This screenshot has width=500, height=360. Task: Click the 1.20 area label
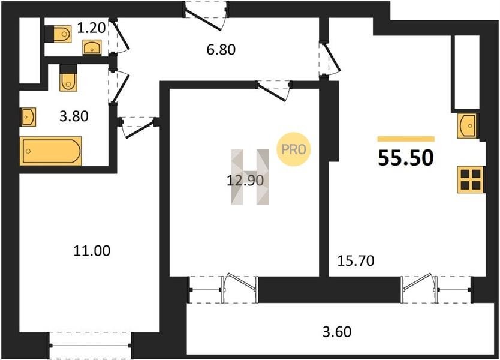[x=91, y=28]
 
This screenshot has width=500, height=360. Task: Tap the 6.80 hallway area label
[x=221, y=50]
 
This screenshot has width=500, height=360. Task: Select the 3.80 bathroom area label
[x=74, y=116]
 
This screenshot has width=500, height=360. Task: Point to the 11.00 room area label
[x=92, y=251]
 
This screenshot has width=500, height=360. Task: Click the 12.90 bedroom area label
[x=245, y=181]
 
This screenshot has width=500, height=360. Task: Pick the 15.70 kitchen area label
[x=356, y=261]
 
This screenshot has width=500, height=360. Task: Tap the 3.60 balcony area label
[x=337, y=332]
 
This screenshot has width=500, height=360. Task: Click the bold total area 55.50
[x=406, y=158]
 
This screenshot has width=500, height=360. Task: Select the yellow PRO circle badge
[x=293, y=149]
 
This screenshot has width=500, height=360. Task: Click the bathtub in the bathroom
[x=51, y=151]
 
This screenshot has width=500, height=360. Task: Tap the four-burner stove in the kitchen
[x=471, y=179]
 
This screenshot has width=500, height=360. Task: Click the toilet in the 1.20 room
[x=62, y=34]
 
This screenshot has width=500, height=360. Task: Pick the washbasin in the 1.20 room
[x=92, y=47]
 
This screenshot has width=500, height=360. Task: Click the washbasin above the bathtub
[x=29, y=117]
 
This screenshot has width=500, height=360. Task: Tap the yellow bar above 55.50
[x=406, y=139]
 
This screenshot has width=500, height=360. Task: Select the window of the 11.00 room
[x=90, y=346]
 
